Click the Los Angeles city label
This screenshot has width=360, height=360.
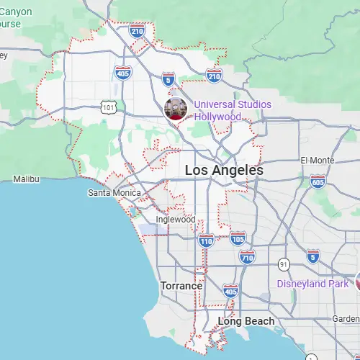[x=224, y=171]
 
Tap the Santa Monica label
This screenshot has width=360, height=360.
[x=112, y=193]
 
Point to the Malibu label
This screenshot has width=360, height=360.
[x=26, y=179]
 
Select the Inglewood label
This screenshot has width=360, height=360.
[x=176, y=220]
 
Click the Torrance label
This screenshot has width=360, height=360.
[x=181, y=286]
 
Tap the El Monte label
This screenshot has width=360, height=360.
[x=314, y=160]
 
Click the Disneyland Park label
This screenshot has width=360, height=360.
[x=313, y=284]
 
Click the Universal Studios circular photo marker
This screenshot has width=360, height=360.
[x=176, y=109]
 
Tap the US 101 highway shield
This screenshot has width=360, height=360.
[x=108, y=107]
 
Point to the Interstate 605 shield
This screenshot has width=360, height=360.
[x=318, y=183]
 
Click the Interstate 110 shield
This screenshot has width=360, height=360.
[x=207, y=241]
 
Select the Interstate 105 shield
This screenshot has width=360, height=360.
[x=238, y=237]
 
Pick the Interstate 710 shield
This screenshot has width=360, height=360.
[x=247, y=256]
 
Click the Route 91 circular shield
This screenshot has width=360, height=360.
[x=285, y=264]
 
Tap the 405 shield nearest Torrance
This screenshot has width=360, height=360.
[x=230, y=291]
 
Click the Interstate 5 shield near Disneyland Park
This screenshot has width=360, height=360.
[x=312, y=256]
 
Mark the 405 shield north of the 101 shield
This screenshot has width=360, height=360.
[x=122, y=72]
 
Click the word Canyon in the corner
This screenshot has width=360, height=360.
[x=16, y=11]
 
